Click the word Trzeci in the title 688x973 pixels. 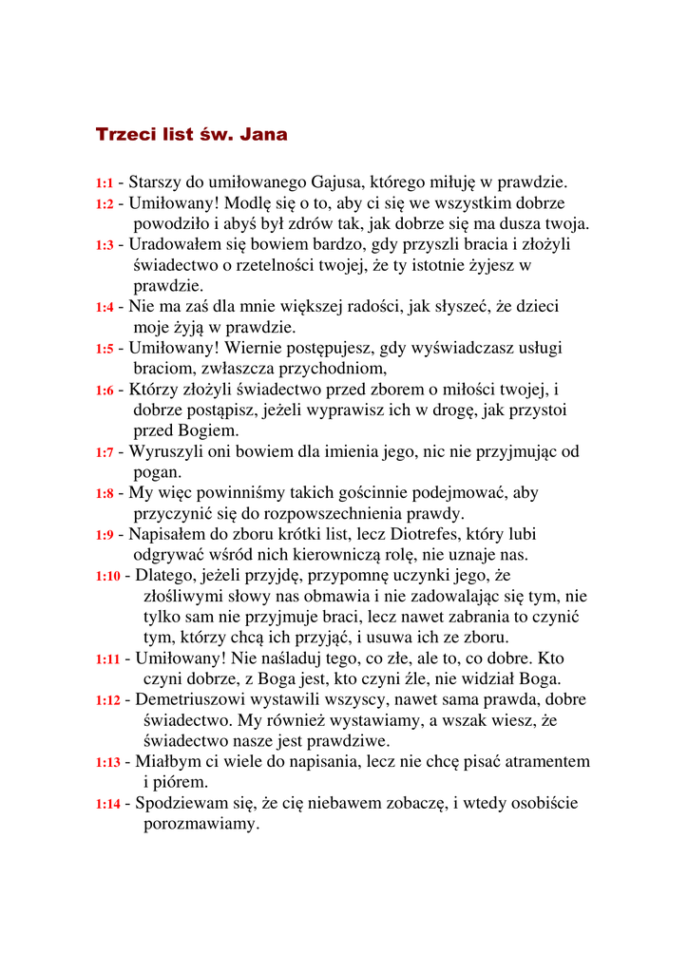click(125, 135)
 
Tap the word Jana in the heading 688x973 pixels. click(263, 135)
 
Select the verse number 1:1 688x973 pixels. click(104, 182)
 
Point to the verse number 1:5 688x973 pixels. click(104, 349)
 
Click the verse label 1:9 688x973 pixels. click(104, 535)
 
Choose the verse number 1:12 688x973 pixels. click(108, 700)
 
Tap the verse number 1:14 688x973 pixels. click(108, 804)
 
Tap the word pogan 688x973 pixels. click(157, 472)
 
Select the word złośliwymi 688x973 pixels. click(183, 597)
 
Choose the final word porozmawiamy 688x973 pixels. click(201, 824)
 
